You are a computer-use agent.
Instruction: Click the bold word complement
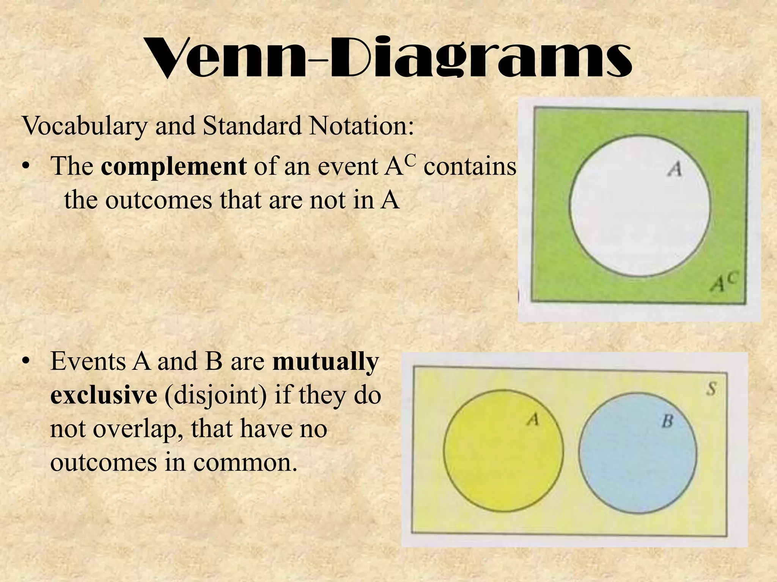point(174,167)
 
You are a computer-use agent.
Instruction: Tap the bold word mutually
point(326,362)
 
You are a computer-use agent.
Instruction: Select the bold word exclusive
point(104,395)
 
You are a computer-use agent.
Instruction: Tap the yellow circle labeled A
point(503,451)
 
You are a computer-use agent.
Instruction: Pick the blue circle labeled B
point(638,453)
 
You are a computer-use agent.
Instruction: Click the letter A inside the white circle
point(675,169)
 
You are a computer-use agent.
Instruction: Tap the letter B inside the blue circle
point(667,421)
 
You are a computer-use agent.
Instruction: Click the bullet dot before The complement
point(25,167)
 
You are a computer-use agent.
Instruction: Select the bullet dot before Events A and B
point(25,362)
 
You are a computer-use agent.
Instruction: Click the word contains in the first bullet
point(470,167)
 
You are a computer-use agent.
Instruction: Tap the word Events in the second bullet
point(88,362)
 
